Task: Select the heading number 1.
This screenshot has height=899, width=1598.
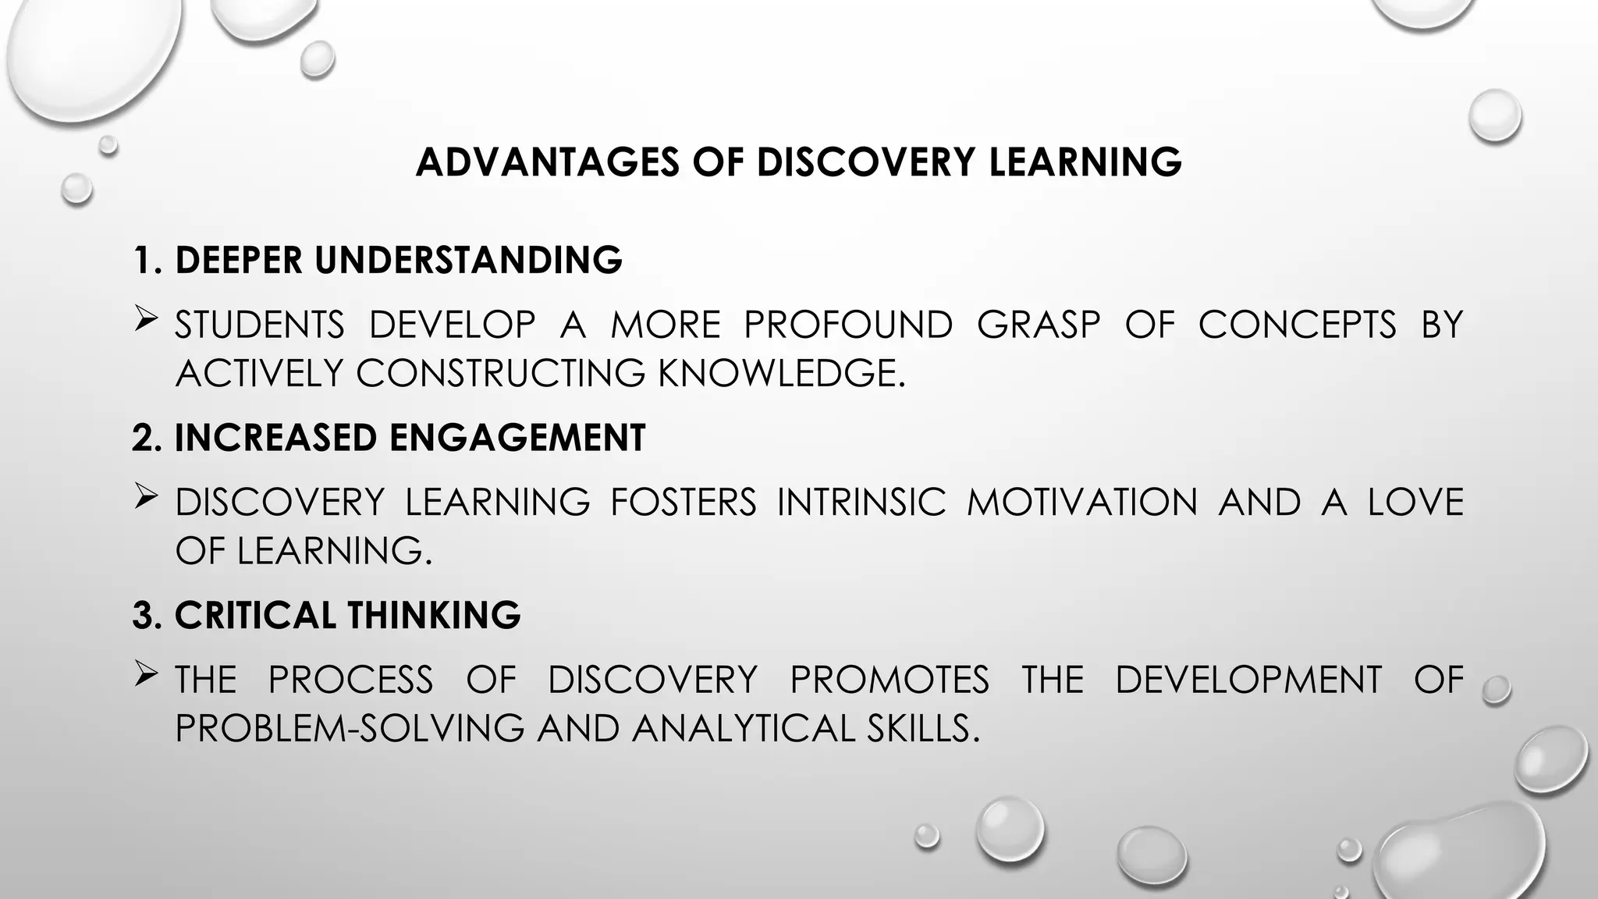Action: coord(145,260)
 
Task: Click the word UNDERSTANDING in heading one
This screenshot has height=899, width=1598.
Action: coord(468,260)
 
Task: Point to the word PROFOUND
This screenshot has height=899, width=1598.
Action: coord(848,325)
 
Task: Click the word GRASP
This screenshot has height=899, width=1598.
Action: coord(1039,325)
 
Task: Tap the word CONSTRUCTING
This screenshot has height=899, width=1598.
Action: coord(501,373)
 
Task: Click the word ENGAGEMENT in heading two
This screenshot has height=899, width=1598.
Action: coord(517,437)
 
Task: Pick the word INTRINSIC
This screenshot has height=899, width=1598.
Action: coord(861,502)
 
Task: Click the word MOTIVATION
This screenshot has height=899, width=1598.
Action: coord(1081,502)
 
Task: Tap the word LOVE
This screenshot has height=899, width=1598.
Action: coord(1415,502)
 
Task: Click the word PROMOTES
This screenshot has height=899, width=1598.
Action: coord(890,680)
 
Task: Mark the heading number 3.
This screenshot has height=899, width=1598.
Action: coord(145,615)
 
